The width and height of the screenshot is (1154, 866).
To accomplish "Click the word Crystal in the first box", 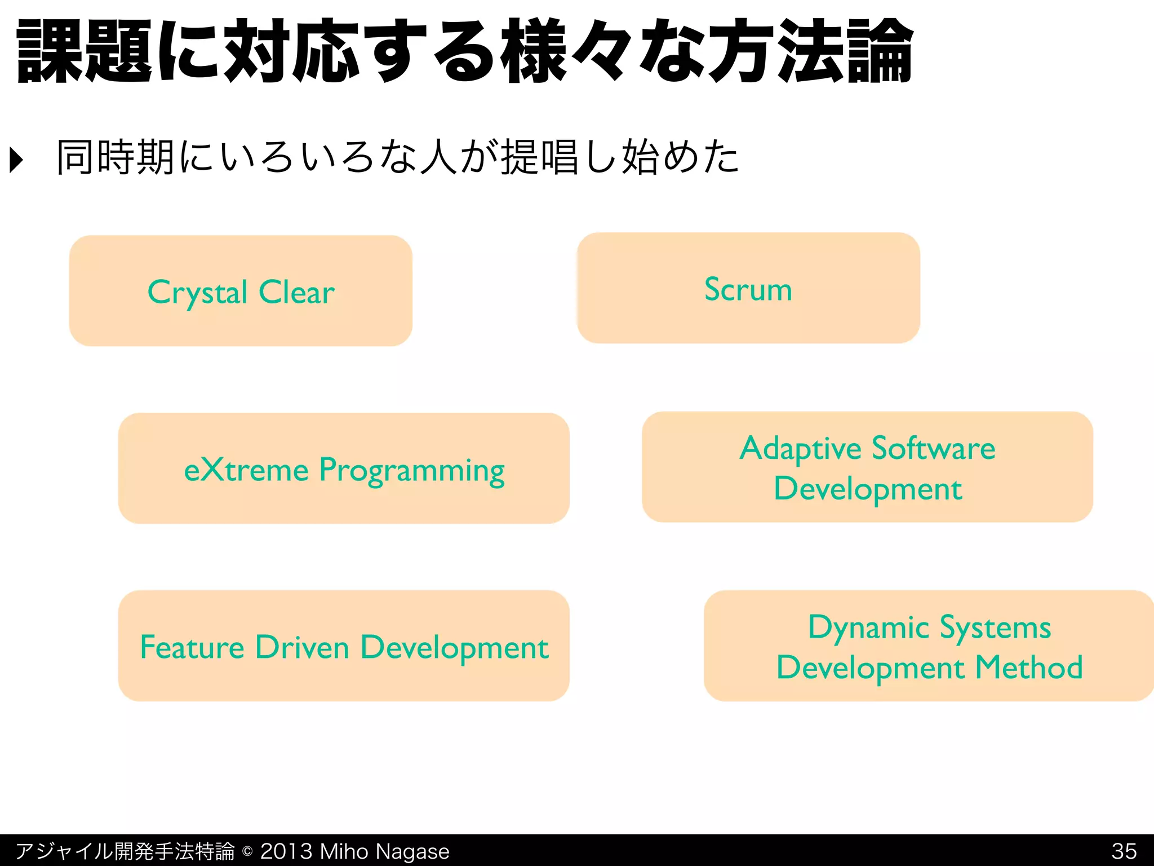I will (x=197, y=293).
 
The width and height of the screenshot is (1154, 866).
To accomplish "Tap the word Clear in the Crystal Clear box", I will (x=297, y=292).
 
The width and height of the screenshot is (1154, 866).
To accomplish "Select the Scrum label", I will (x=748, y=290).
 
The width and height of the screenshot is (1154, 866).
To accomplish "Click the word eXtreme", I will (x=246, y=470).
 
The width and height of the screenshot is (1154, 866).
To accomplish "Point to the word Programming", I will (x=412, y=471).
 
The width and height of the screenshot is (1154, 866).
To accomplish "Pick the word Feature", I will (x=192, y=647).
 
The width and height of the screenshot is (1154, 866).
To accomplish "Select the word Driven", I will (x=302, y=647).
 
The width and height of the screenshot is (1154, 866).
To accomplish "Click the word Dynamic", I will (x=868, y=628).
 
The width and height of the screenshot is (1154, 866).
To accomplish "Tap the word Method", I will (x=1029, y=668).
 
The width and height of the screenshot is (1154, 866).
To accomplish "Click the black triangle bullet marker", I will (x=17, y=160).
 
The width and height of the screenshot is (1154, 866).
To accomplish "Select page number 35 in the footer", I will (x=1124, y=851).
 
